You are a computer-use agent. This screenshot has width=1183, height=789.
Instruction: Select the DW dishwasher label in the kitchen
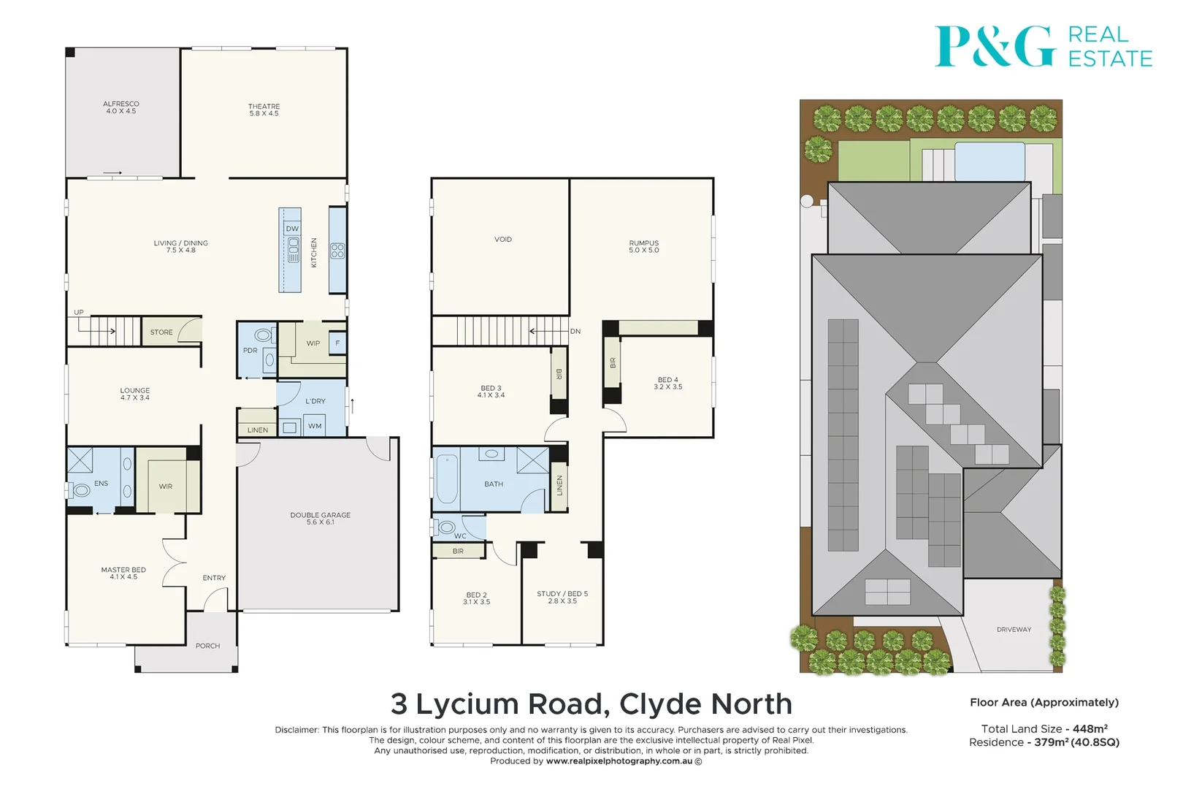click(x=292, y=229)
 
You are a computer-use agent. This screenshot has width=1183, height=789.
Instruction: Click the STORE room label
click(x=161, y=332)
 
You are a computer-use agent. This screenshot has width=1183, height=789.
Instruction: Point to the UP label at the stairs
click(x=79, y=313)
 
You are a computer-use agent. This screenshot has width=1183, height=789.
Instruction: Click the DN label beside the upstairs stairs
click(x=575, y=332)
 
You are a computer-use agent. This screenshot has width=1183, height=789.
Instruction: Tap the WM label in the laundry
click(x=315, y=427)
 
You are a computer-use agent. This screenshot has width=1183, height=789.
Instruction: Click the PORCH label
click(x=207, y=646)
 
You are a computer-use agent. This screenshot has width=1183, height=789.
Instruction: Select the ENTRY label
click(x=214, y=578)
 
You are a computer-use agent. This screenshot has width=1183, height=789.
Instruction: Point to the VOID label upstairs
click(x=503, y=240)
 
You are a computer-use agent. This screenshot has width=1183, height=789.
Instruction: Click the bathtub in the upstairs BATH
click(x=447, y=480)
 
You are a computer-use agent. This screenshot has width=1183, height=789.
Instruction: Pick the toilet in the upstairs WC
click(x=446, y=527)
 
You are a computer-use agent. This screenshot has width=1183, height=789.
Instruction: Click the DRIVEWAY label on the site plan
click(x=1014, y=630)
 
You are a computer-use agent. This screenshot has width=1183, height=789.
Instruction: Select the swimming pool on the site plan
click(x=989, y=161)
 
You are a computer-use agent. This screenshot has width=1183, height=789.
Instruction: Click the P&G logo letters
click(x=995, y=46)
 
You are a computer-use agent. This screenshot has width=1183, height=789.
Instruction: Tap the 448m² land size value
click(x=1090, y=728)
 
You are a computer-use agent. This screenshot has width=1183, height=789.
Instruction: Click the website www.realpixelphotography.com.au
click(x=619, y=761)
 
